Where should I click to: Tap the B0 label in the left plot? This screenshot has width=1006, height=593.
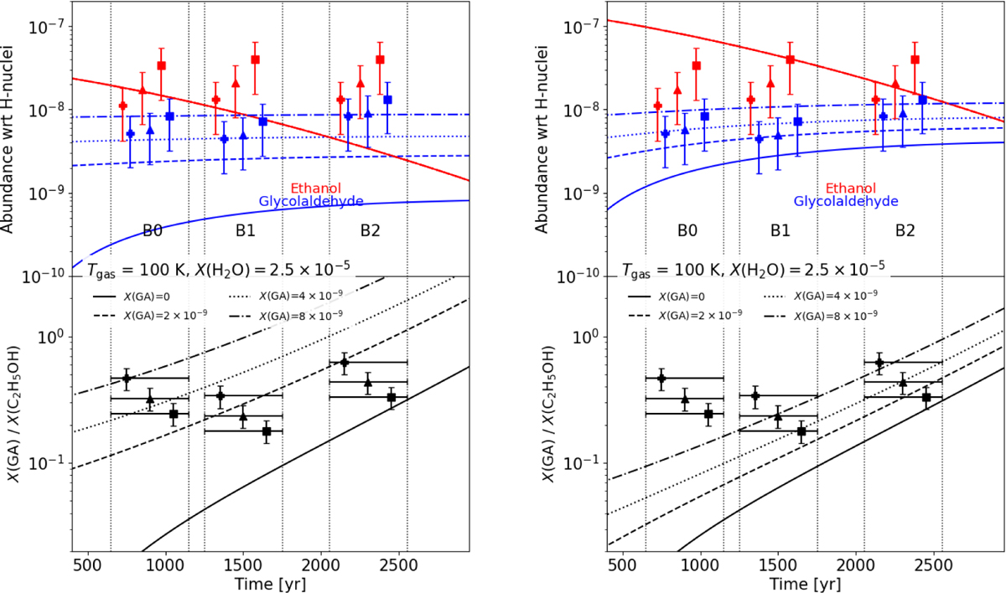(154, 229)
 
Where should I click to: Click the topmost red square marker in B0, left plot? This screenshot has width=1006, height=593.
(162, 65)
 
